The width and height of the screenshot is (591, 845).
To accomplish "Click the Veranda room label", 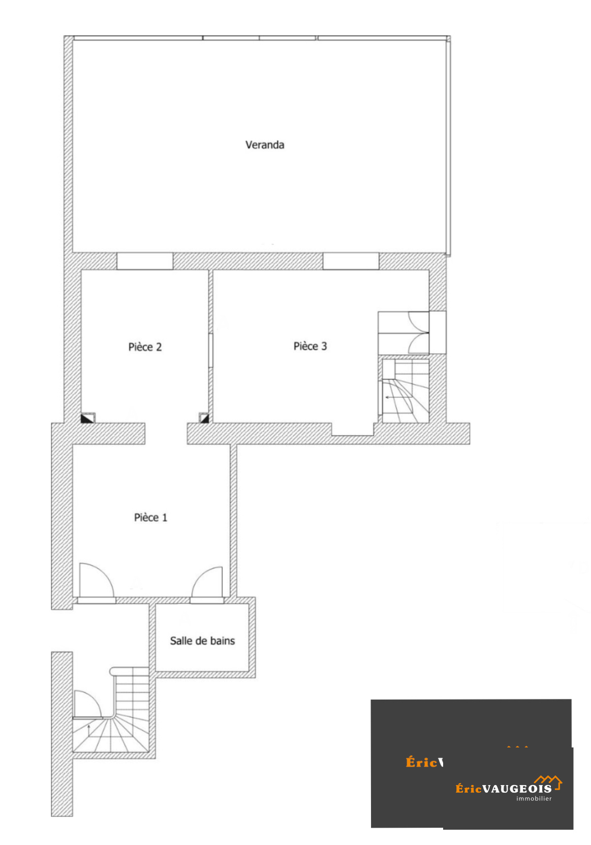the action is [x=264, y=145].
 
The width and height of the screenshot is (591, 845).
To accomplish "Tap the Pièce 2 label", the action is [x=145, y=347].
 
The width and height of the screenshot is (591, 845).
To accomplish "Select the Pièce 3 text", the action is [x=310, y=346].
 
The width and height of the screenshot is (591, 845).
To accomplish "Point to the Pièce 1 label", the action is [x=150, y=517].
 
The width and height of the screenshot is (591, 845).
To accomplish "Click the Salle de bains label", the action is [x=202, y=641].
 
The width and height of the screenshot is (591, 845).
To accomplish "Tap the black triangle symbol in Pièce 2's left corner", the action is [x=87, y=418].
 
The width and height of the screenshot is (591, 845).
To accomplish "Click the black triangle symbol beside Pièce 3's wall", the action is [x=204, y=418].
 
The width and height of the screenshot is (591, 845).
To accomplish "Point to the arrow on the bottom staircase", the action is [x=88, y=730].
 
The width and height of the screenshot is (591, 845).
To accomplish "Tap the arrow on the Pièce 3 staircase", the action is [x=392, y=397].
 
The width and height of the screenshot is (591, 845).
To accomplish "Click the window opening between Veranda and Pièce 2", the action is [x=145, y=261].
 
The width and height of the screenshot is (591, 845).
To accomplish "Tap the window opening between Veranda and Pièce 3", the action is [x=351, y=261].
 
